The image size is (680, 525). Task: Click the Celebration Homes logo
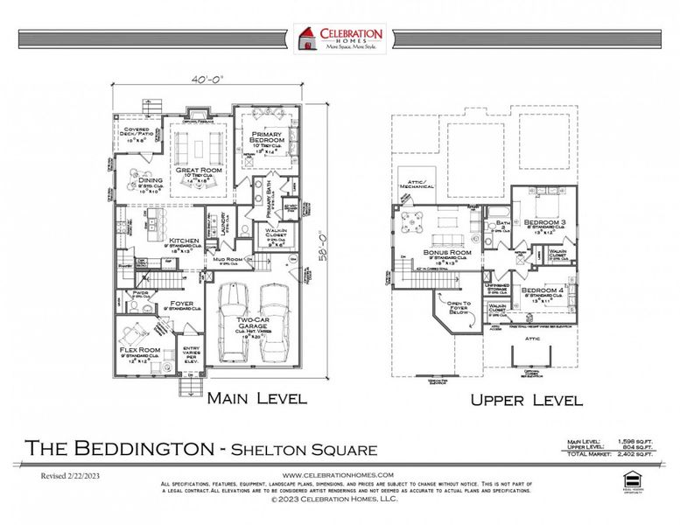[340, 38]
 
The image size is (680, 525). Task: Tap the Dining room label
[138, 180]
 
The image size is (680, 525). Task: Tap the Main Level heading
[256, 398]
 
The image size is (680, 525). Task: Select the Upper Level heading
[527, 401]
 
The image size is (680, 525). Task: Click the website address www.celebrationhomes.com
[338, 474]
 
